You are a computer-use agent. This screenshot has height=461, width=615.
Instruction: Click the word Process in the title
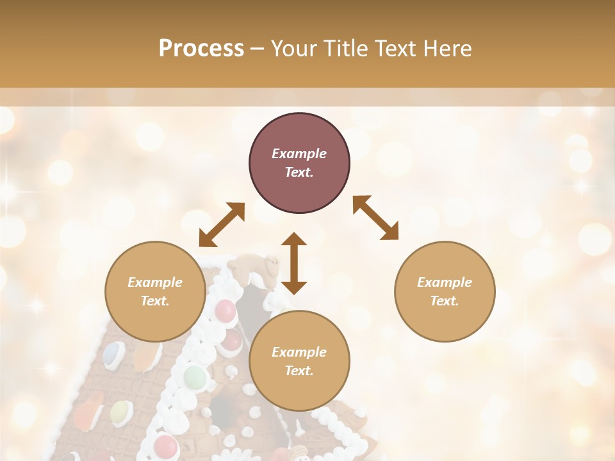pos(201,49)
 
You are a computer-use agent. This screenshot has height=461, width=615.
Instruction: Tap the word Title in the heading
pos(346,49)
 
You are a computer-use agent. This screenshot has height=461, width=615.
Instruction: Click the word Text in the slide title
pos(395,49)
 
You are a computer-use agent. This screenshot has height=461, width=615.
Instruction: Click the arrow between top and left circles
pos(222,225)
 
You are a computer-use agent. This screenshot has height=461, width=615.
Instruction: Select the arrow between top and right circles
pos(376,218)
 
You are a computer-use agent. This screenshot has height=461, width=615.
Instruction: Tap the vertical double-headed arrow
pos(294,263)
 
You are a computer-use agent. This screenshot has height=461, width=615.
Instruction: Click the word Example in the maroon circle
pos(299,154)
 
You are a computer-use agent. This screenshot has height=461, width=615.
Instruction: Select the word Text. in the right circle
pos(445,300)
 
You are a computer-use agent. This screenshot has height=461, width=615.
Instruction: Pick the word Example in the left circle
pos(155,282)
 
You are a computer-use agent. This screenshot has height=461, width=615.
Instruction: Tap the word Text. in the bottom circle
pos(299,371)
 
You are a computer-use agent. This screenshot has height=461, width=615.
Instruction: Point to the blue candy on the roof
pos(114,353)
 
